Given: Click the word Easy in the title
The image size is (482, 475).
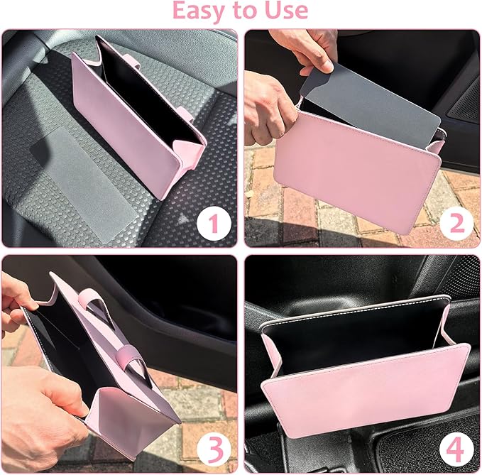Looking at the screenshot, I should pos(195,11).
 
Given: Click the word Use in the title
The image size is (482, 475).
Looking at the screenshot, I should pos(285,11).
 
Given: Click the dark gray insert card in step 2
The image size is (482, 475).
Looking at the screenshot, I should pos(369,99).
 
